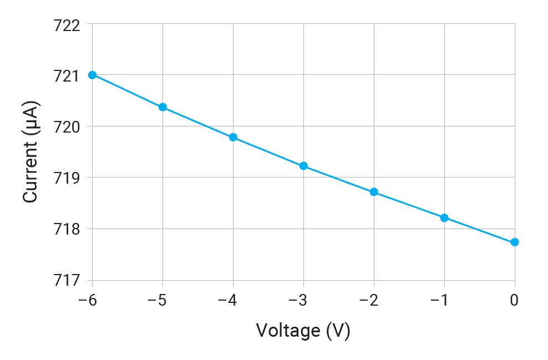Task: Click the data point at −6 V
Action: pos(92,75)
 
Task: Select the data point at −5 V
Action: pos(163,107)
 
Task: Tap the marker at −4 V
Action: pos(233,137)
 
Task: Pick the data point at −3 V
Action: pos(303,166)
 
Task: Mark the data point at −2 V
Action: pos(374,192)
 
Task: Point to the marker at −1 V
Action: pos(444,218)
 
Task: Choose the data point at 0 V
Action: pos(515,242)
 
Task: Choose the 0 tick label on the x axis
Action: pos(515,300)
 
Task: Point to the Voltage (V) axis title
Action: pos(303,331)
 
